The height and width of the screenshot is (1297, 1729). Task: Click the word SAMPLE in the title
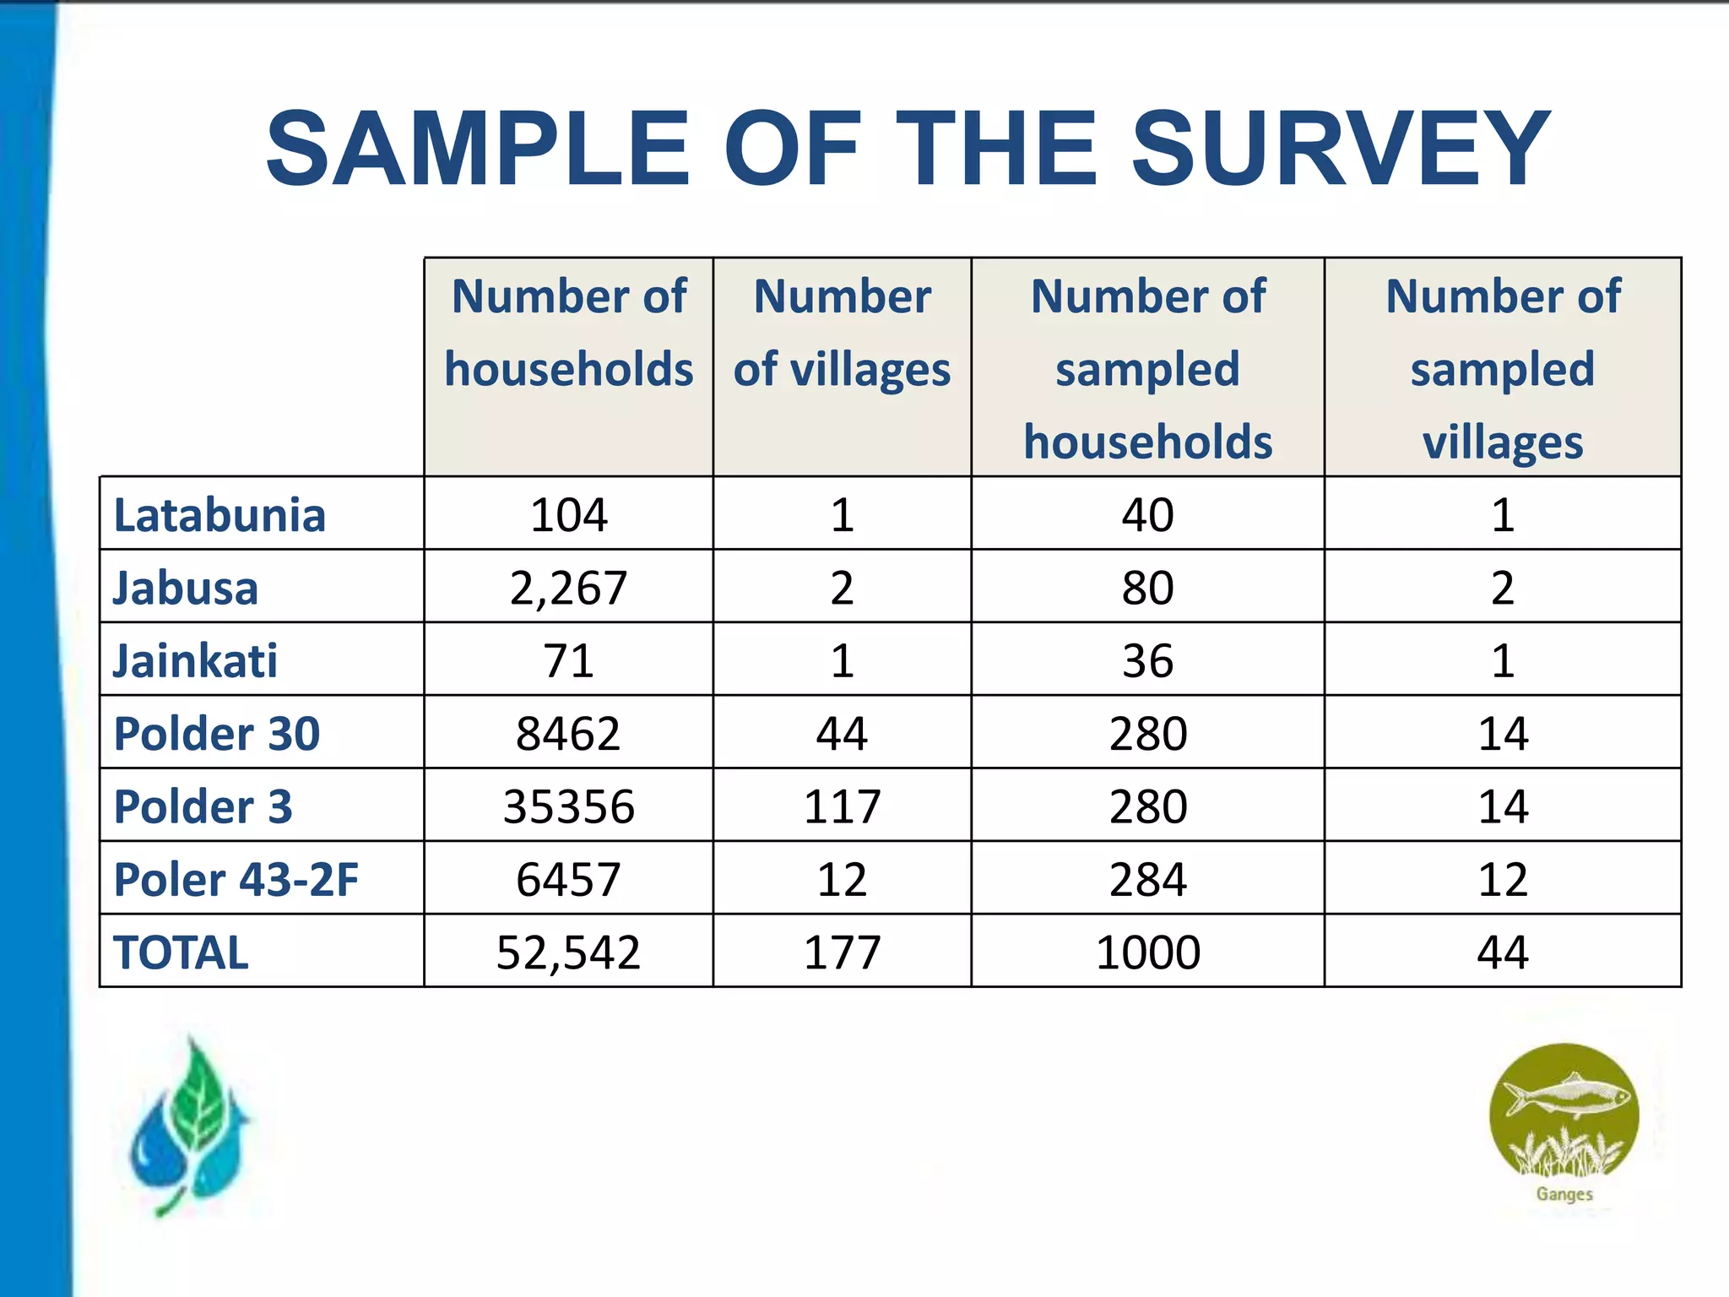(x=478, y=149)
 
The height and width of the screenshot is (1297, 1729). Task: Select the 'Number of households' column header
(x=568, y=334)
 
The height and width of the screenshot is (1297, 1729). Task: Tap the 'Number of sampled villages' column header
(x=1503, y=369)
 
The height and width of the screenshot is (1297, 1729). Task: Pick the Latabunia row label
(x=220, y=515)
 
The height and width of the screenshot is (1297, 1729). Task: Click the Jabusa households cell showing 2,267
(x=568, y=588)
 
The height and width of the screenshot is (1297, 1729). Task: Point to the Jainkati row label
(x=195, y=660)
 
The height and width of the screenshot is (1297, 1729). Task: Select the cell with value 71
(x=568, y=660)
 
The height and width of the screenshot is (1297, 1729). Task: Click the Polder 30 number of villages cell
(x=842, y=733)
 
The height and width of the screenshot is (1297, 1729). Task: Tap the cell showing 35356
(x=568, y=806)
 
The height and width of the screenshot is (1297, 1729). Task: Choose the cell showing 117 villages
(x=842, y=806)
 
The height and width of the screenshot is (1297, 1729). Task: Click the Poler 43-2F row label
(x=236, y=879)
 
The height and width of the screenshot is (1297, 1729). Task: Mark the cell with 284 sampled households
(x=1147, y=879)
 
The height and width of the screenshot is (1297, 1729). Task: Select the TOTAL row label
(x=181, y=952)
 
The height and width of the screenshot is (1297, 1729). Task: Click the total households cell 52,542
(x=568, y=952)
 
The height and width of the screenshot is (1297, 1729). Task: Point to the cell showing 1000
(x=1147, y=952)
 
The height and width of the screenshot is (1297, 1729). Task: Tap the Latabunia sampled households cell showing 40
(x=1147, y=515)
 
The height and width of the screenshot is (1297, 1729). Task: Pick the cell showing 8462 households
(x=568, y=733)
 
